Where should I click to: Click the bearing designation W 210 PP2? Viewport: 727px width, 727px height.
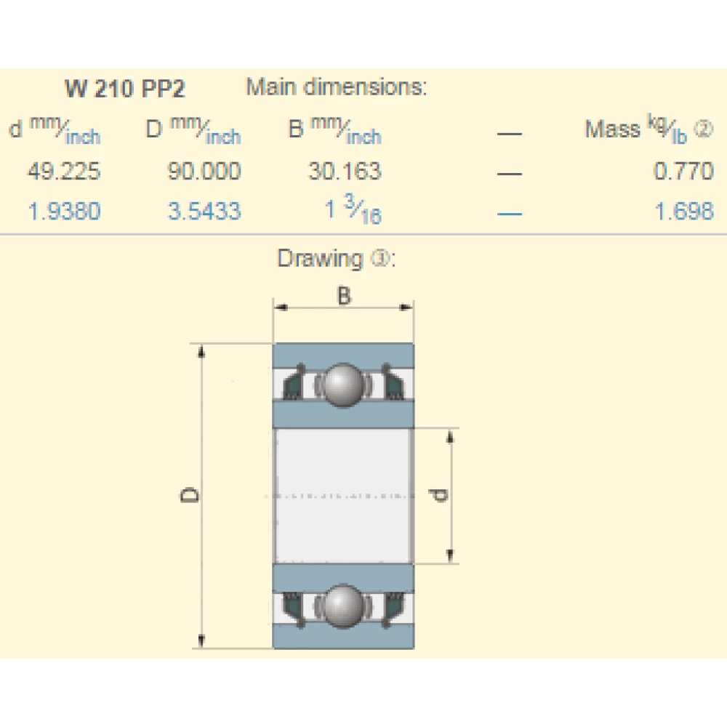click(125, 88)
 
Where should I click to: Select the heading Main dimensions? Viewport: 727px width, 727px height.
click(336, 87)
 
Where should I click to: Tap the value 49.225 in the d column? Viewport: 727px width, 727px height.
click(64, 171)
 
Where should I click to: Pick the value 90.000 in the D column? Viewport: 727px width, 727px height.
click(204, 171)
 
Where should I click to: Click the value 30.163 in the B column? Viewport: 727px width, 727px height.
click(345, 171)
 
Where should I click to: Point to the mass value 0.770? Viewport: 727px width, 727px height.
click(683, 171)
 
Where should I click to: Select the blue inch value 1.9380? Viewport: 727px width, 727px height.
click(65, 211)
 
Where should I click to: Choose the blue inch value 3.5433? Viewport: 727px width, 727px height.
click(204, 211)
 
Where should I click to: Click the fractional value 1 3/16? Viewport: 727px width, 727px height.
click(353, 209)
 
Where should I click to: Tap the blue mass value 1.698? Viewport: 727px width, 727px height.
click(684, 211)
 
